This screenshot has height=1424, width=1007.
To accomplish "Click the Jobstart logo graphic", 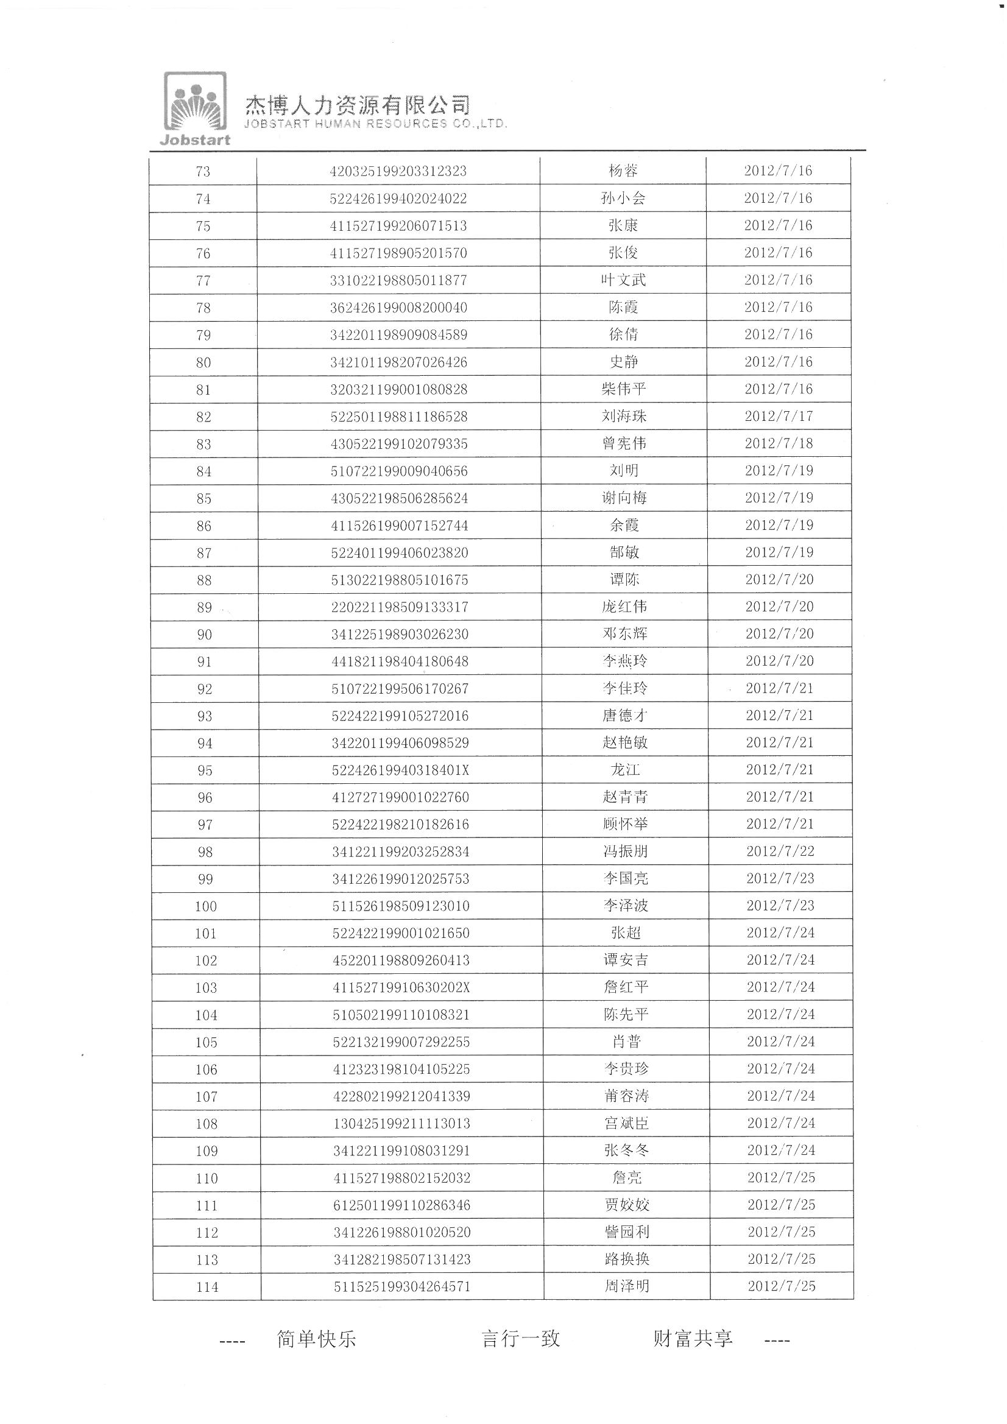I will [195, 108].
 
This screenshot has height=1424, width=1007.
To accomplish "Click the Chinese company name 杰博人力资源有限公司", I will [358, 104].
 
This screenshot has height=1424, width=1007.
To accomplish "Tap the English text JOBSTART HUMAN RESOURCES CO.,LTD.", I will [375, 124].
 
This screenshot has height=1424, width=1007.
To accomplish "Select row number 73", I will [203, 172].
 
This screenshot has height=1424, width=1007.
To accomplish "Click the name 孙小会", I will [623, 199].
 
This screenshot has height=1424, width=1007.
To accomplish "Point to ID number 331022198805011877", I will [398, 280].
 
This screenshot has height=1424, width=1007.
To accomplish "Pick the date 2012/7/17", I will [779, 416].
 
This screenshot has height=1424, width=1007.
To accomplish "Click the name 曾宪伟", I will [624, 443].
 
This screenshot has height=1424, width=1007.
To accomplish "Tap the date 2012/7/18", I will [779, 443].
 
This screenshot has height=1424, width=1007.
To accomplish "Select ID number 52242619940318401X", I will [400, 770].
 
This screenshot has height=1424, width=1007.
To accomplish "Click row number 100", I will [205, 906].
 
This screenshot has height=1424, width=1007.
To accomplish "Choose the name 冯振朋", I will [625, 851].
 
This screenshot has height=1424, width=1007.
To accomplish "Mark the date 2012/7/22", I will [780, 851].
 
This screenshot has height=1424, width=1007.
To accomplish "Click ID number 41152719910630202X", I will [401, 987].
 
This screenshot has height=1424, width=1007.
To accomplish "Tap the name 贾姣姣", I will [626, 1205].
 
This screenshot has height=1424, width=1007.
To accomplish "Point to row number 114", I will [207, 1287].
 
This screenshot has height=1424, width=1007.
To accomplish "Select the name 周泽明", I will [627, 1286].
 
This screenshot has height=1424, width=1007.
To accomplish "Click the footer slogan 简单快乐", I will [316, 1339].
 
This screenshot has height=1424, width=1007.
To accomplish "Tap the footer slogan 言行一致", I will [521, 1338].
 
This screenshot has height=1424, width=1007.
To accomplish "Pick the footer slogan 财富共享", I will [693, 1338].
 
